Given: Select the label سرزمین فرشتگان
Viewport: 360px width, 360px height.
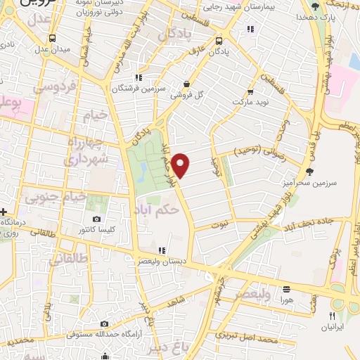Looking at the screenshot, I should click(x=139, y=89).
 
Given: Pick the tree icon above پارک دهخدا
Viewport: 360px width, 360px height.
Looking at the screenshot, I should click(x=316, y=6).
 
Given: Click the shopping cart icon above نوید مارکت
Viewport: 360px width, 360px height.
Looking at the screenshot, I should click(x=247, y=91).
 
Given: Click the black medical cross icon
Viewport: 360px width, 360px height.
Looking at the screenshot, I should click(x=4, y=212).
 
